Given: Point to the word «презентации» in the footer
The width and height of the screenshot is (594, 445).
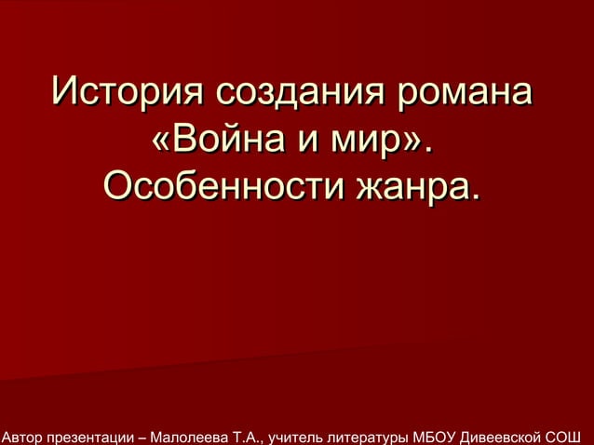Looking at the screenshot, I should [94, 435].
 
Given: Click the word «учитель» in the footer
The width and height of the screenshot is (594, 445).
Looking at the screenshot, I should [294, 435].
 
